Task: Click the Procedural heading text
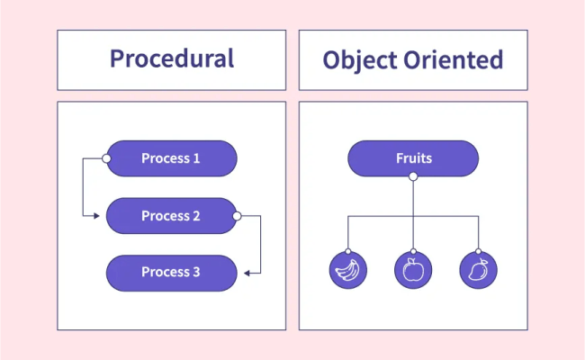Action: [172, 59]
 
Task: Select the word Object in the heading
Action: [358, 60]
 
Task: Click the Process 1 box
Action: [171, 158]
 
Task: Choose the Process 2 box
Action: [171, 216]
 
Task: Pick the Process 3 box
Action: [171, 273]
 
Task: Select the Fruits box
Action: [413, 158]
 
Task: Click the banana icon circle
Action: [347, 270]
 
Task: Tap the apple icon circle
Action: [413, 270]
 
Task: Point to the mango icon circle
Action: [478, 270]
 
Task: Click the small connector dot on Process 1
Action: [106, 159]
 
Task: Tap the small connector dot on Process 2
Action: [237, 216]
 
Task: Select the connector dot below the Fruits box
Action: [413, 177]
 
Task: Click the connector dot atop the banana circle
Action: [347, 251]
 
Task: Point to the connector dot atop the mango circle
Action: [478, 251]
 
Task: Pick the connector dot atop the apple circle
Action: [413, 251]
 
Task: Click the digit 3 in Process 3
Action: [196, 273]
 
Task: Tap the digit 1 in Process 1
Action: [196, 158]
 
